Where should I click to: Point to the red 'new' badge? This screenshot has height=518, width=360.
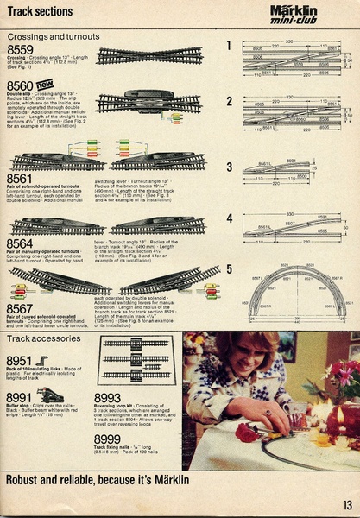point(45,83)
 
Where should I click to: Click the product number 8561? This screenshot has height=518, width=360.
point(22,178)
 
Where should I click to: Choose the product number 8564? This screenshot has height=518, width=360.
point(22,244)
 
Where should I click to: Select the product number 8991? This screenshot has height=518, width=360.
point(20,397)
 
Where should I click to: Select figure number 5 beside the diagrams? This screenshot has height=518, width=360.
point(229,268)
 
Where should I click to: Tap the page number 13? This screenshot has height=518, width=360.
point(346,506)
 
